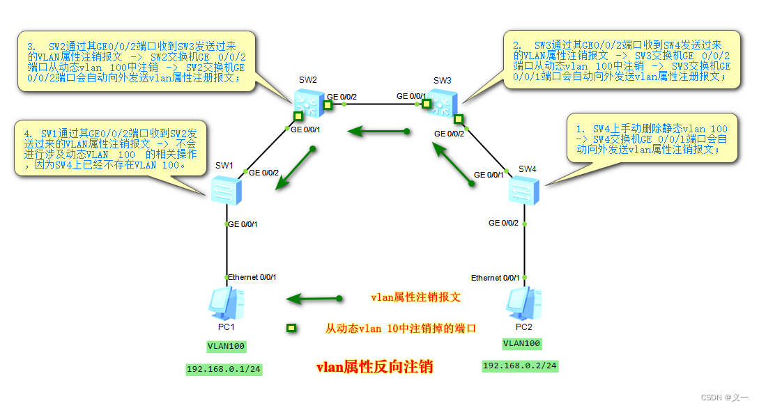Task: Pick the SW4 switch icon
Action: (523, 189)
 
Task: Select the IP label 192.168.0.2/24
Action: (520, 366)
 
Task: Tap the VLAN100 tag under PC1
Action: (227, 346)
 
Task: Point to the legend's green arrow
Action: (314, 299)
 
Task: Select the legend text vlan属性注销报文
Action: (416, 297)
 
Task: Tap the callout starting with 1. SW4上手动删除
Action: (651, 139)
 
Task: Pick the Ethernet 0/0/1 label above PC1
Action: (252, 277)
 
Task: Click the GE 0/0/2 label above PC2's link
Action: (503, 223)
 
